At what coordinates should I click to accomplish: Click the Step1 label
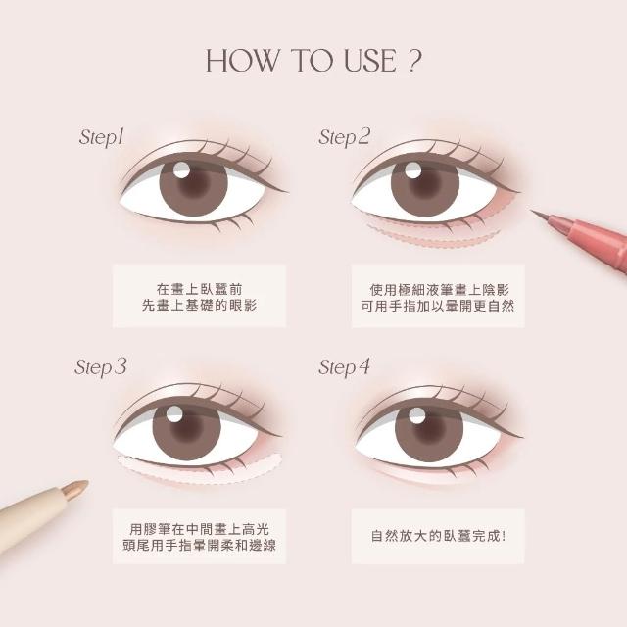tap(102, 137)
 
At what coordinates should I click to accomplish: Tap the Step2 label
tap(344, 137)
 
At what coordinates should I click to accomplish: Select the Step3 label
tap(100, 367)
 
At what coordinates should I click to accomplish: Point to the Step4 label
tap(344, 367)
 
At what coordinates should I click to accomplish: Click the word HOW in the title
tap(241, 61)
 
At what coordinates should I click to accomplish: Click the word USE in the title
tap(370, 61)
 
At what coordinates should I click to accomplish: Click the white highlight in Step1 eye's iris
tap(181, 169)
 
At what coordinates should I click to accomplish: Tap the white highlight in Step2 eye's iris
tap(412, 169)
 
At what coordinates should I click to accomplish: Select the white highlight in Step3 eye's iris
tap(174, 413)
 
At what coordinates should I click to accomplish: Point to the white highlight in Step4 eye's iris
tap(417, 415)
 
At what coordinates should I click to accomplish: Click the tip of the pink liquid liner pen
tap(531, 210)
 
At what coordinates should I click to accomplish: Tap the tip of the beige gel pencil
tap(85, 483)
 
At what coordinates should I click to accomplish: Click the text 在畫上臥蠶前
tap(199, 289)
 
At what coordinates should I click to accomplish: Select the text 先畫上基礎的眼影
tap(199, 306)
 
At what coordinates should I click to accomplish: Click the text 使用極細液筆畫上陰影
tap(439, 290)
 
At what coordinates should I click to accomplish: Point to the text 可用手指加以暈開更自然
tap(438, 306)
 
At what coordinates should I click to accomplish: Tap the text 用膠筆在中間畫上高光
tap(200, 529)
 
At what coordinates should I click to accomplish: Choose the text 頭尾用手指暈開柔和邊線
tap(199, 545)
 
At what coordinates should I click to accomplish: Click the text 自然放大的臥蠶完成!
tap(438, 536)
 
